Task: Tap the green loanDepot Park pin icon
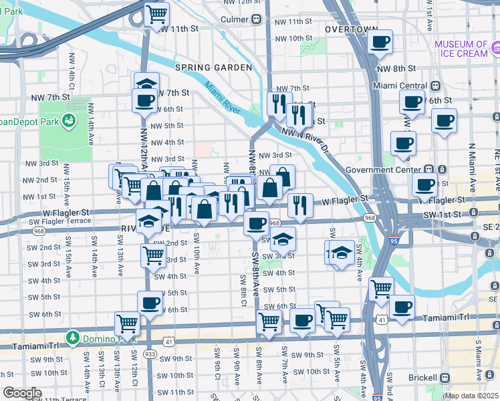pyautogui.click(x=68, y=120)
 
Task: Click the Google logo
pyautogui.click(x=22, y=393)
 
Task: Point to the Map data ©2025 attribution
pyautogui.click(x=471, y=396)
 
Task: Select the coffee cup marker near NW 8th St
pyautogui.click(x=380, y=42)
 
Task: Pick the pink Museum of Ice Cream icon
pyautogui.click(x=495, y=48)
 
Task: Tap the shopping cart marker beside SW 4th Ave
pyautogui.click(x=381, y=289)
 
